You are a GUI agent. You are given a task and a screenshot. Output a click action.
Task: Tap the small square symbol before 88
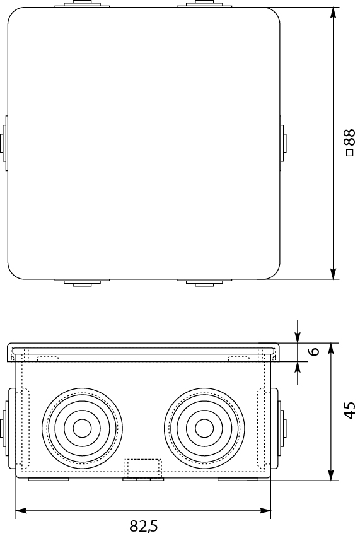pyautogui.click(x=350, y=153)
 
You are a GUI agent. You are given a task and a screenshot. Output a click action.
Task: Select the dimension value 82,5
pyautogui.click(x=143, y=525)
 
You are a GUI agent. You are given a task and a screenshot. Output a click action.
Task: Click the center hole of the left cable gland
pyautogui.click(x=81, y=428)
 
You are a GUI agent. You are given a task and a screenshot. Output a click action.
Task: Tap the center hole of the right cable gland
pyautogui.click(x=204, y=428)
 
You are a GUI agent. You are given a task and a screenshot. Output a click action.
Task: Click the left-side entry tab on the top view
pyautogui.click(x=4, y=143)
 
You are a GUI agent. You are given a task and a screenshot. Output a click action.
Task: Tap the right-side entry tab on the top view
pyautogui.click(x=282, y=143)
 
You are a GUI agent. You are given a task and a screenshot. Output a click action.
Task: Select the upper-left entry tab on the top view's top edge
pyautogui.click(x=81, y=5)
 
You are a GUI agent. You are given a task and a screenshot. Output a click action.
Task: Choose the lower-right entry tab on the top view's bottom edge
pyautogui.click(x=203, y=282)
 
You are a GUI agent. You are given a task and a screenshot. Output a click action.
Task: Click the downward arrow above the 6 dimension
pyautogui.click(x=298, y=335)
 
